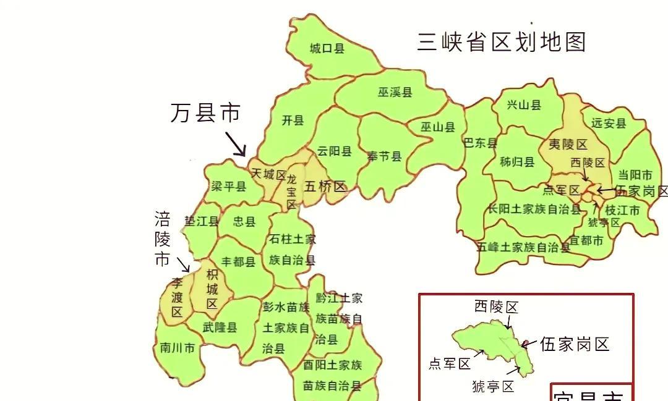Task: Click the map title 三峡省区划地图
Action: pos(502,42)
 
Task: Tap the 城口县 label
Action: pos(327,48)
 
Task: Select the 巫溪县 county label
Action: pos(395,93)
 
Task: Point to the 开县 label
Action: pos(293,120)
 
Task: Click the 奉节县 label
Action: pos(384,156)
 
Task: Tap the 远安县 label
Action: pos(609,123)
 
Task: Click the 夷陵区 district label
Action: pos(568,145)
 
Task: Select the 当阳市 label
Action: pos(635,175)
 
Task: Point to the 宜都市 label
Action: pos(586,240)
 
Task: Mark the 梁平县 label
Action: pos(228,186)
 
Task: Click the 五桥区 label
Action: pos(325,186)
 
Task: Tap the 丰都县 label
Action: pos(238,261)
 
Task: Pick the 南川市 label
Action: pos(177,348)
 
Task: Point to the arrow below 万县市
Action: pos(235,144)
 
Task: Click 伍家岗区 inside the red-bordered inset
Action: pos(575,344)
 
